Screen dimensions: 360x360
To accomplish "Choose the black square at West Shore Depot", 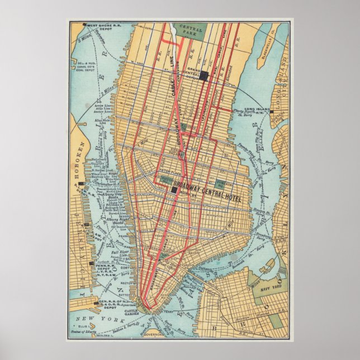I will tap(84, 25).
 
